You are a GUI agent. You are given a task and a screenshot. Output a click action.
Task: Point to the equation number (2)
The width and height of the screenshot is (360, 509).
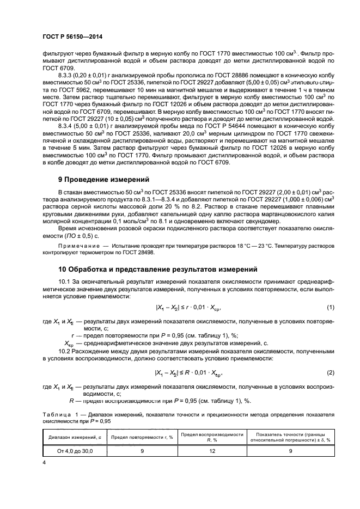coord(330,372)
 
